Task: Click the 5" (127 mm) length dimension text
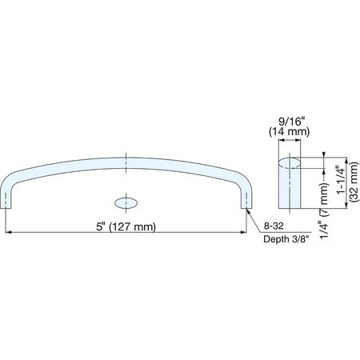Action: [x=126, y=226]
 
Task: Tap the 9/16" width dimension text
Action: [x=291, y=122]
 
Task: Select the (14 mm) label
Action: [x=290, y=132]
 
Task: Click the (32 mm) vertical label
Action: [x=354, y=182]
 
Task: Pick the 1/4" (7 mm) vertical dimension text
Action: [x=324, y=210]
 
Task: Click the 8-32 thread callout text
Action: [x=274, y=226]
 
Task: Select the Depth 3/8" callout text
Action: [x=286, y=239]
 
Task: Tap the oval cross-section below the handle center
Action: [x=126, y=203]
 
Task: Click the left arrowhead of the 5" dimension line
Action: [x=8, y=232]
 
